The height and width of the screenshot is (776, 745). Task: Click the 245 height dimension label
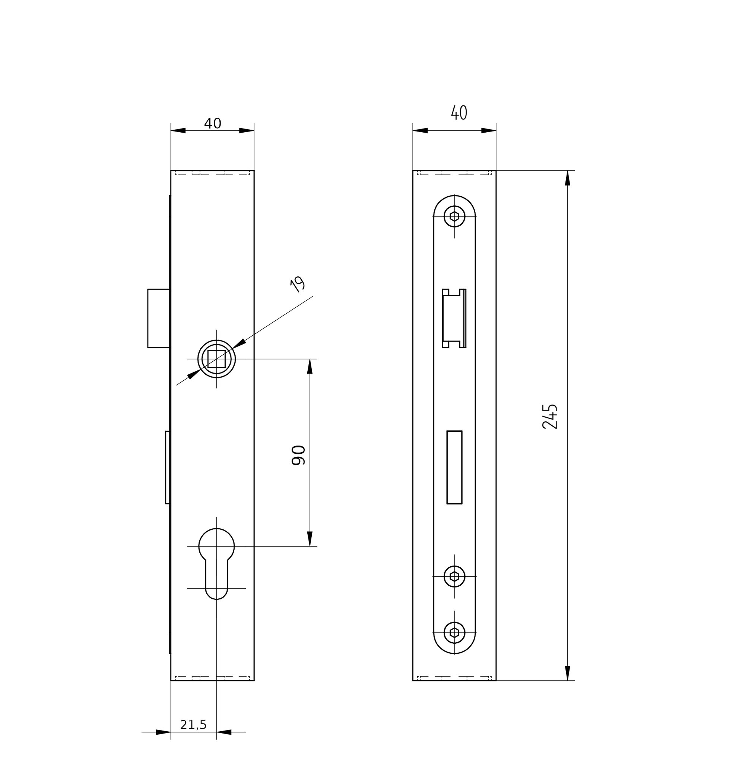(x=550, y=416)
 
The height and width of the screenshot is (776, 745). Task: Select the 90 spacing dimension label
(x=298, y=455)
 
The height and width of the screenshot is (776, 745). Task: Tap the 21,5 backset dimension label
(x=193, y=725)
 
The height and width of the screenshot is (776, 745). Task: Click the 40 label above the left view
(x=213, y=124)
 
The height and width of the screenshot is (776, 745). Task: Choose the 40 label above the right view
(x=459, y=113)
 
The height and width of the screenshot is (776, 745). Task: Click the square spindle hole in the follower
(x=216, y=359)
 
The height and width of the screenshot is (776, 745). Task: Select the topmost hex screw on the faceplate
(x=454, y=216)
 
